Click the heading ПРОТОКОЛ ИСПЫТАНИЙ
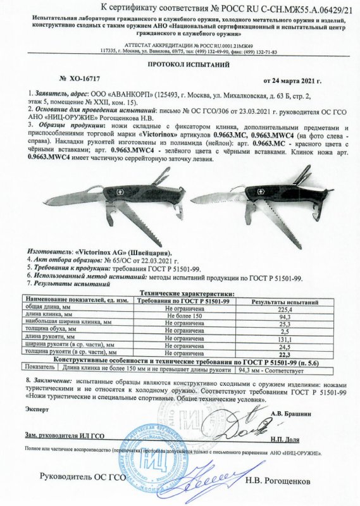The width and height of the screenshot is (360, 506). pos(180,65)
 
